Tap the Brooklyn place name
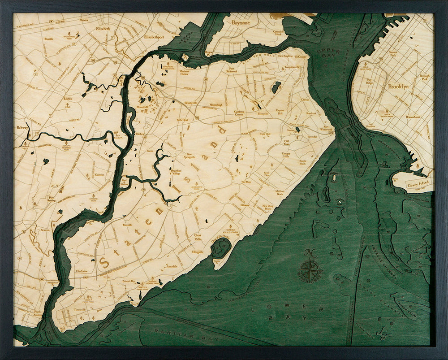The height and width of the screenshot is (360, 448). [x=398, y=87]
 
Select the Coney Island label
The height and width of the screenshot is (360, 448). [x=418, y=183]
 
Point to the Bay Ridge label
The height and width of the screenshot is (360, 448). [x=370, y=82]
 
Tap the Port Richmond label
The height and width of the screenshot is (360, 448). [x=232, y=70]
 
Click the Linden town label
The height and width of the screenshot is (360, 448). [x=68, y=98]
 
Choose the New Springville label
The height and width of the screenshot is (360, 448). [x=192, y=155]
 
